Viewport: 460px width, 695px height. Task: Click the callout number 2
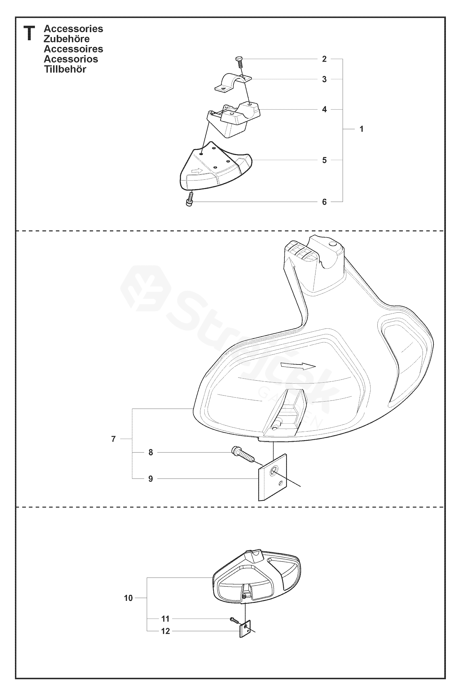pyautogui.click(x=324, y=59)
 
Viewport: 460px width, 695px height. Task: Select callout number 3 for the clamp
pyautogui.click(x=324, y=79)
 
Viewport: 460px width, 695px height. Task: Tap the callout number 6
pyautogui.click(x=324, y=202)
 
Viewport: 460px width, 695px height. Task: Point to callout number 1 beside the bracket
pyautogui.click(x=362, y=129)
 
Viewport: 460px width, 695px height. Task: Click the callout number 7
pyautogui.click(x=113, y=439)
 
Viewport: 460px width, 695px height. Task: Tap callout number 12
pyautogui.click(x=165, y=631)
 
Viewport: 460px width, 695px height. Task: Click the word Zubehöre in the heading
pyautogui.click(x=67, y=39)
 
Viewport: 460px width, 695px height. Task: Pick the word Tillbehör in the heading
pyautogui.click(x=65, y=69)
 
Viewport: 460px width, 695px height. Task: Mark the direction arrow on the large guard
pyautogui.click(x=298, y=366)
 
